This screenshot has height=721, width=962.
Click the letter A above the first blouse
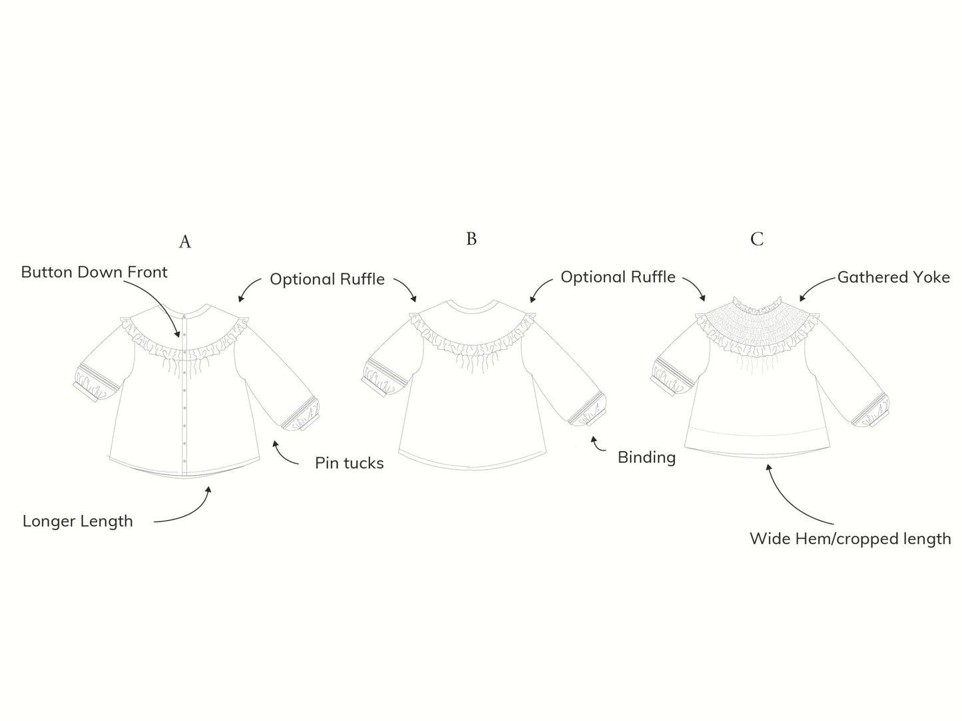pyautogui.click(x=185, y=241)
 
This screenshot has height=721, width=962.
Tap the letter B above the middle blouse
pyautogui.click(x=471, y=239)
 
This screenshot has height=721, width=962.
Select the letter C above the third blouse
pyautogui.click(x=757, y=239)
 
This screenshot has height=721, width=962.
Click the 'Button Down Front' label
pyautogui.click(x=94, y=272)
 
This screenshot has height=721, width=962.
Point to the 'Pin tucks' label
pyautogui.click(x=349, y=463)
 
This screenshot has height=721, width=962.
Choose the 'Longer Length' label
pyautogui.click(x=77, y=521)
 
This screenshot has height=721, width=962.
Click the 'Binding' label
pyautogui.click(x=646, y=457)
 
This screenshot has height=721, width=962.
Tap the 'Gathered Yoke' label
pyautogui.click(x=893, y=277)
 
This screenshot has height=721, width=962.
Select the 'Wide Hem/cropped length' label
pyautogui.click(x=850, y=538)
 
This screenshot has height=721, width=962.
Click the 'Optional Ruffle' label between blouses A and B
pyautogui.click(x=327, y=279)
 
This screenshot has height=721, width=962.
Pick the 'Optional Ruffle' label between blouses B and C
pyautogui.click(x=618, y=277)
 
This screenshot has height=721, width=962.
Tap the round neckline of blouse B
pyautogui.click(x=471, y=308)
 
